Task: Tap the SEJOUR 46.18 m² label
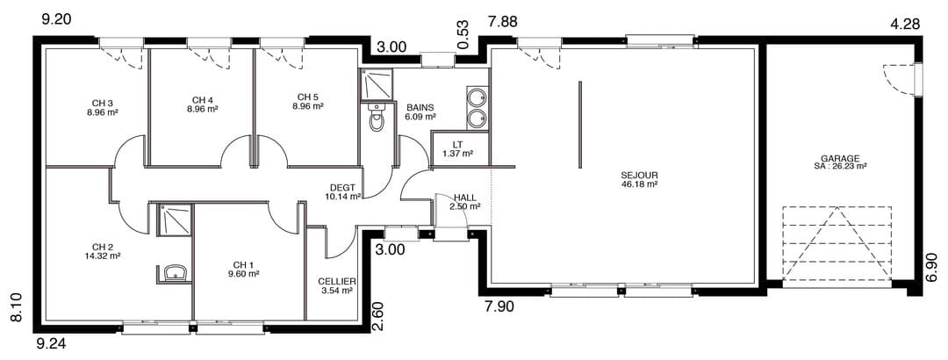pos(639,180)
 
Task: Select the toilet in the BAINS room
pos(376,118)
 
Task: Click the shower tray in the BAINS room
pos(376,84)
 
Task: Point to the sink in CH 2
pos(174,273)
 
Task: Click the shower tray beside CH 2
pos(175,220)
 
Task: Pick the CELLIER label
pos(337,282)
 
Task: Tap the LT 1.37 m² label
pos(457,149)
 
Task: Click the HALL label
pos(465,198)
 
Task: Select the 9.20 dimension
pos(56,19)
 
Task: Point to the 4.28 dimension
pos(905,25)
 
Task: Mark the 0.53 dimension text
pos(463,34)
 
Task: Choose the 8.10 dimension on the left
pos(17,307)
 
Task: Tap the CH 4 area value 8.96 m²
pos(203,110)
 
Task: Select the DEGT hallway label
pos(342,188)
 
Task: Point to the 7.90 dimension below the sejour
pos(499,306)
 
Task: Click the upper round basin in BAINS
pos(477,97)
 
